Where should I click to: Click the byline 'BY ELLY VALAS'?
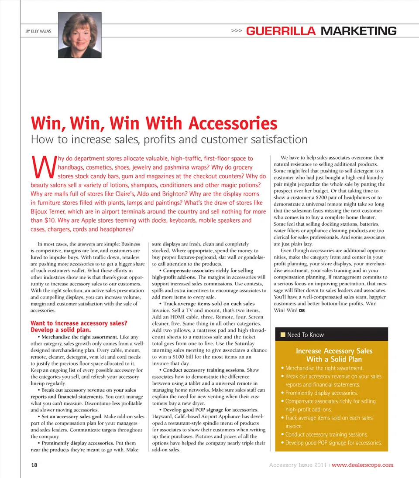point(38,31)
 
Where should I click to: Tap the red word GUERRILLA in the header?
point(281,31)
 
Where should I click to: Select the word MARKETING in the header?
point(358,31)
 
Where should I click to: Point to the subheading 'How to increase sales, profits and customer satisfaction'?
point(169,139)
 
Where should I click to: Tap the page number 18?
point(34,465)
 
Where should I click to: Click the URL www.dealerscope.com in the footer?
point(363,465)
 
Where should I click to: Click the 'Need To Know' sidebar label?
point(306,335)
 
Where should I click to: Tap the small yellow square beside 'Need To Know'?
point(282,335)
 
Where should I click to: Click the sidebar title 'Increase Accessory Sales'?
point(334,351)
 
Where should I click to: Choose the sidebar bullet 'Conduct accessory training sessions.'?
point(326,434)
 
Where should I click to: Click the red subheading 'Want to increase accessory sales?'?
point(79,323)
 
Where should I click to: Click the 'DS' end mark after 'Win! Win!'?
point(302,310)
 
